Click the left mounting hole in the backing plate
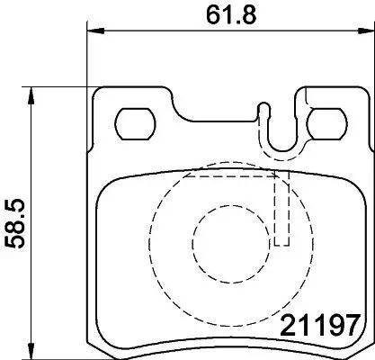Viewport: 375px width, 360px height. (135, 121)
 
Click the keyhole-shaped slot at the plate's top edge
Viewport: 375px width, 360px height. (263, 113)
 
